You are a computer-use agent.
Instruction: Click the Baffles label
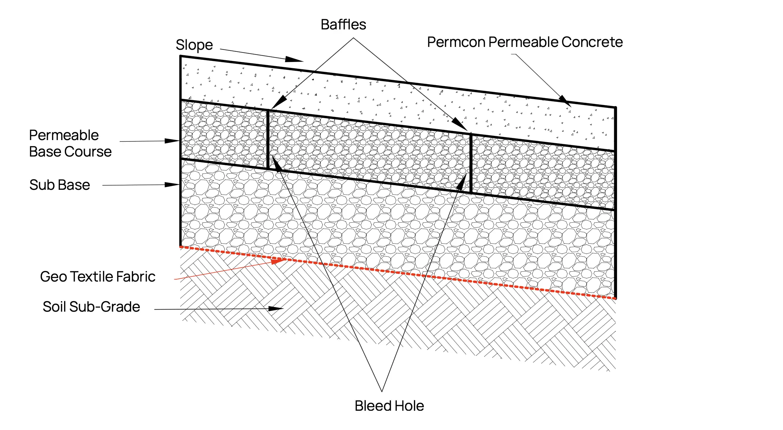coord(343,25)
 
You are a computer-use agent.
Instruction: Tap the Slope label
coord(194,45)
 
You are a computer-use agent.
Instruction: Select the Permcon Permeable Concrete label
coord(525,42)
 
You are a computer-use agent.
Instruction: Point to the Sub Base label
coord(60,185)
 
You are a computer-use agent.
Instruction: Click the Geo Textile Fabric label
coord(97,277)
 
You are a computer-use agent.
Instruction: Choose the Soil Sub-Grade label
coord(91,307)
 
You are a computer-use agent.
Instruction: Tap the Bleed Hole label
coord(389,406)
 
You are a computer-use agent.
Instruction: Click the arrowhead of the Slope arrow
coord(296,60)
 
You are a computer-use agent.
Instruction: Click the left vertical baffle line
coord(268,140)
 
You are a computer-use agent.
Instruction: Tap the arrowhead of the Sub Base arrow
coord(173,185)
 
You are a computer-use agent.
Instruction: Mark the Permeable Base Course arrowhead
coord(173,141)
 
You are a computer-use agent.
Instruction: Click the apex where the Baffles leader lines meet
coord(353,38)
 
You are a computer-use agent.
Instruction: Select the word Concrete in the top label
coord(592,42)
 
